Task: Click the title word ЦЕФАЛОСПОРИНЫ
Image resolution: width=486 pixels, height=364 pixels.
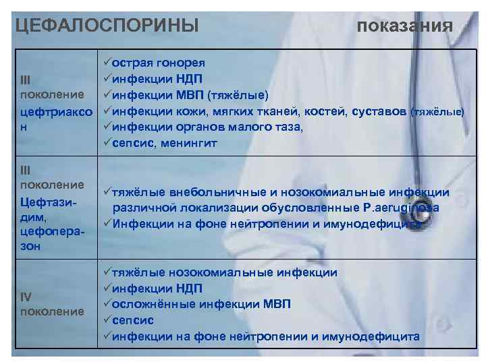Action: [x=107, y=26]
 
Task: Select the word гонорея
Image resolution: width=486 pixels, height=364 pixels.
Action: [x=178, y=63]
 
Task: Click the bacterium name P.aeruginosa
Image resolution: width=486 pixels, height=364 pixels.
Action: [x=401, y=208]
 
